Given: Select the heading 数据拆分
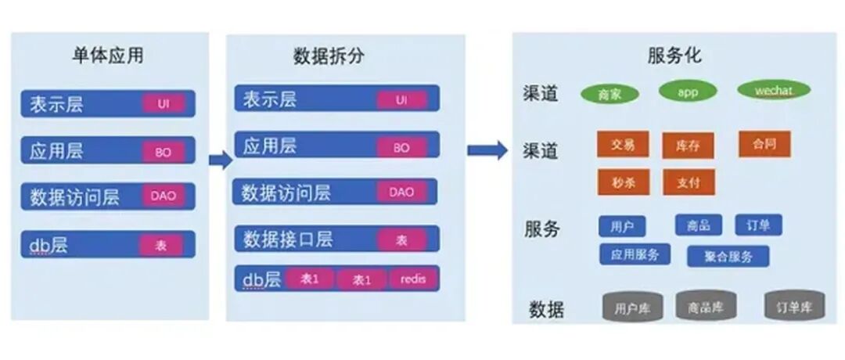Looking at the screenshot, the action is [x=329, y=56].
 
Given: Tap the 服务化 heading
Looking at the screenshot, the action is [x=674, y=56].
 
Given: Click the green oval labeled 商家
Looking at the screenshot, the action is [x=609, y=94].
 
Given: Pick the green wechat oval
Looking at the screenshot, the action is [x=773, y=90].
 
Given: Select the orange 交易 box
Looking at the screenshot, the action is [x=623, y=144].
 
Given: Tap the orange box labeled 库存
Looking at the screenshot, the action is [x=688, y=146].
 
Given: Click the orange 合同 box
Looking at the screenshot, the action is [x=764, y=144].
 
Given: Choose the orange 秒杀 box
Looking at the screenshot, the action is [x=623, y=182].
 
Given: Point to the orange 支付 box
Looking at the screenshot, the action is [x=688, y=182].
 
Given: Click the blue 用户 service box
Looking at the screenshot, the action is [x=622, y=226].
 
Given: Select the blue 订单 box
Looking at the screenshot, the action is [x=758, y=225].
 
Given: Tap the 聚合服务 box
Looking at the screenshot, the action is [x=728, y=256].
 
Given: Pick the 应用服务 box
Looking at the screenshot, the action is [x=635, y=254].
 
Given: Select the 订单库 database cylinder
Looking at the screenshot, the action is [x=793, y=307].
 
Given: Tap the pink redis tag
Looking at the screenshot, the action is [x=413, y=279].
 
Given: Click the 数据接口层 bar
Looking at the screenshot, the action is [x=336, y=239].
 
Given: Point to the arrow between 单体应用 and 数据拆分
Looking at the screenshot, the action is [x=221, y=160].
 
